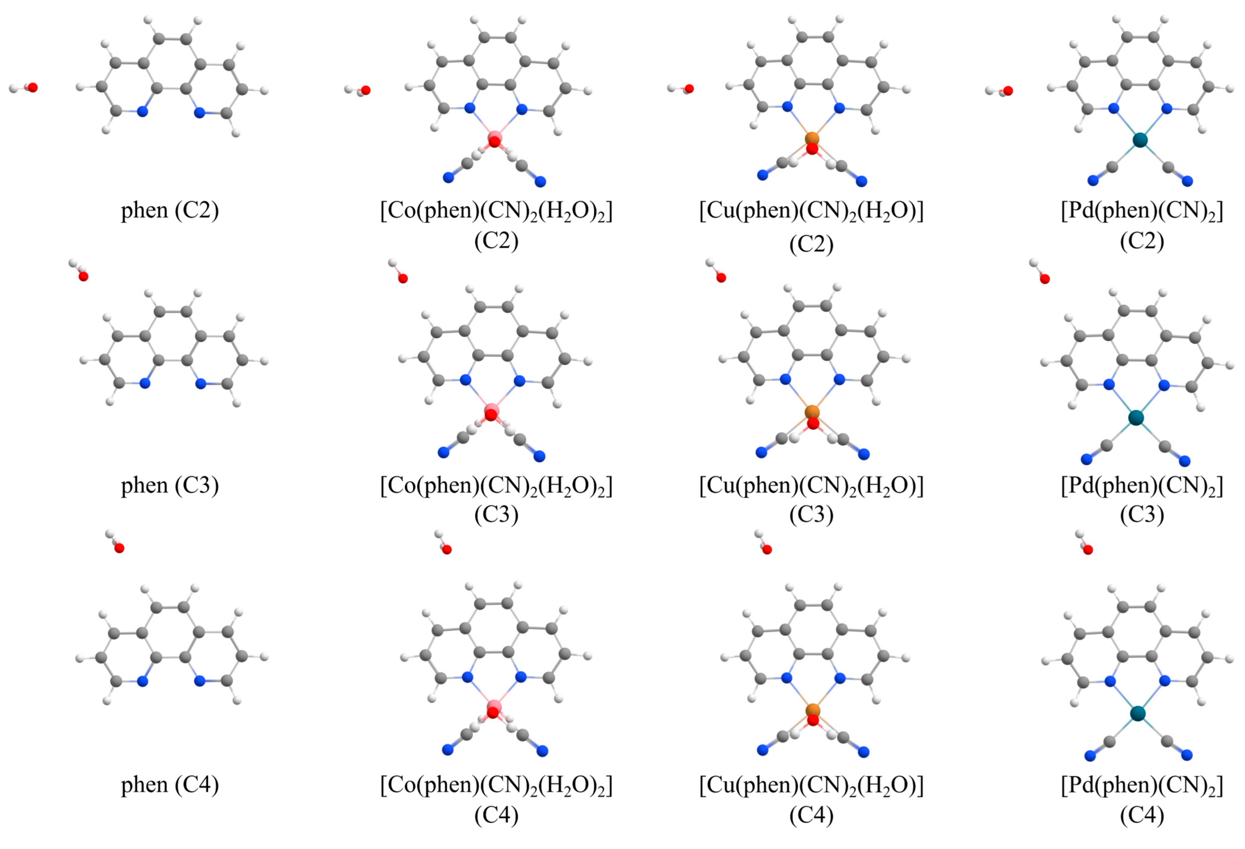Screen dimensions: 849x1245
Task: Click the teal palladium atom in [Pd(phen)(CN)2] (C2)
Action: (x=1140, y=140)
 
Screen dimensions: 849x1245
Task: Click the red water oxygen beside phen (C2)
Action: (x=33, y=87)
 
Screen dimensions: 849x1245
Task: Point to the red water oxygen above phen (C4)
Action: (x=119, y=548)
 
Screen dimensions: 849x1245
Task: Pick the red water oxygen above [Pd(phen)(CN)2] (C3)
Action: (x=1045, y=279)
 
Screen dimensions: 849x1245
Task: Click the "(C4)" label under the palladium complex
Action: (x=1142, y=815)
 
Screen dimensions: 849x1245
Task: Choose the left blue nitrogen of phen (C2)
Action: (x=142, y=111)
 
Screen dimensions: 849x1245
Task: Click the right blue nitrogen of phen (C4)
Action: (x=200, y=681)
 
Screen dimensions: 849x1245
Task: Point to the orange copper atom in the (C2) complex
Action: (x=812, y=139)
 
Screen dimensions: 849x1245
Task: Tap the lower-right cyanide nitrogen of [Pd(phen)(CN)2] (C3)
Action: (x=1185, y=461)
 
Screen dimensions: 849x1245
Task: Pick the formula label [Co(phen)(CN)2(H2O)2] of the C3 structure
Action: (x=496, y=485)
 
